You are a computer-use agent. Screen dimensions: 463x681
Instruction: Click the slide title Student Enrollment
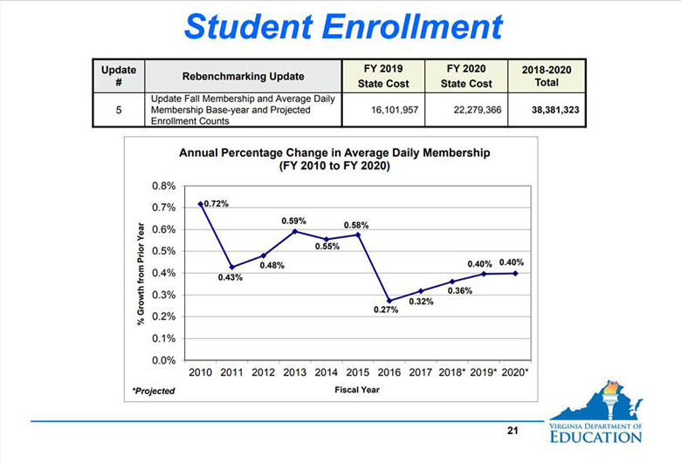(344, 26)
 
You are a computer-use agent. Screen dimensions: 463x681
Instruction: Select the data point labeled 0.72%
(200, 203)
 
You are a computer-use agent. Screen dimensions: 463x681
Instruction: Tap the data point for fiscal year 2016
(389, 301)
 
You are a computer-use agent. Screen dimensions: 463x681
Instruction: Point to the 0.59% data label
(293, 221)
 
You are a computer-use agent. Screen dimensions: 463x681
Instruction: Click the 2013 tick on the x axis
(294, 372)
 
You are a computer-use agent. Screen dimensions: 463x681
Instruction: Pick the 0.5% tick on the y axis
(163, 251)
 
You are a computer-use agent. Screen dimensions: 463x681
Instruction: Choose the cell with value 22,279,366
(465, 112)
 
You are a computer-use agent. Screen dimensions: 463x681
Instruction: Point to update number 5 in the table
(119, 112)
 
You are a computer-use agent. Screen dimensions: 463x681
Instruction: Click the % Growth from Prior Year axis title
(141, 273)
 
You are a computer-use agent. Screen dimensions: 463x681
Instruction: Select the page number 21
(512, 431)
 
